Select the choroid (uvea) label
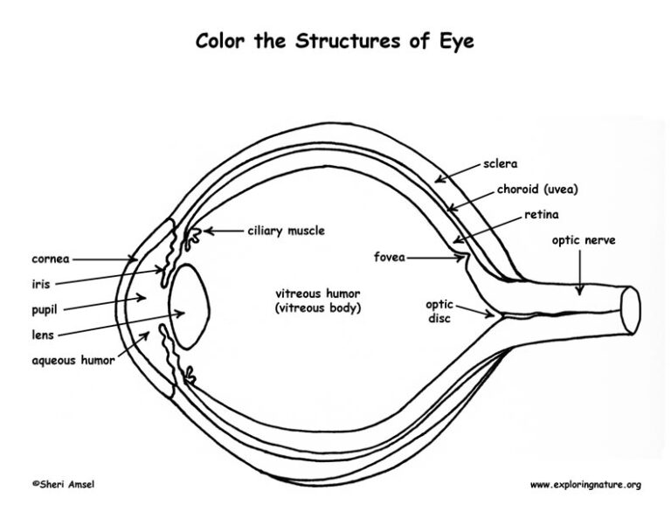[x=537, y=189]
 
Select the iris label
[x=42, y=284]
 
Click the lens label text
[x=44, y=335]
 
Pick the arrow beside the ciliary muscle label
[x=223, y=231]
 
